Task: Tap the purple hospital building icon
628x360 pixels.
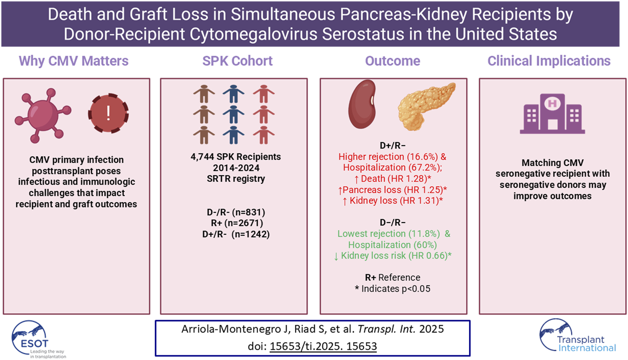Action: [552, 114]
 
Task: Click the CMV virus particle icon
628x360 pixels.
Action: [43, 115]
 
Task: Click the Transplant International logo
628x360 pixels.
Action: [578, 337]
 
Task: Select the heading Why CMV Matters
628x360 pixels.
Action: [74, 61]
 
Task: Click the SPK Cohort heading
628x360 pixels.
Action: [237, 61]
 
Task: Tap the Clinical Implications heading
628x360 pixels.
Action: [549, 61]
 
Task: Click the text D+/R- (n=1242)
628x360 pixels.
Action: [236, 234]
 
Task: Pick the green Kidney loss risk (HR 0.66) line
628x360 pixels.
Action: [393, 256]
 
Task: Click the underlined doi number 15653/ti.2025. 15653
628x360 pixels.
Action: [323, 346]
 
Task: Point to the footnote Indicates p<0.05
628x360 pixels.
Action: [393, 289]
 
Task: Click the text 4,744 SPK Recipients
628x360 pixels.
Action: [236, 157]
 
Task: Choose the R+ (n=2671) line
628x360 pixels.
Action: [237, 223]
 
